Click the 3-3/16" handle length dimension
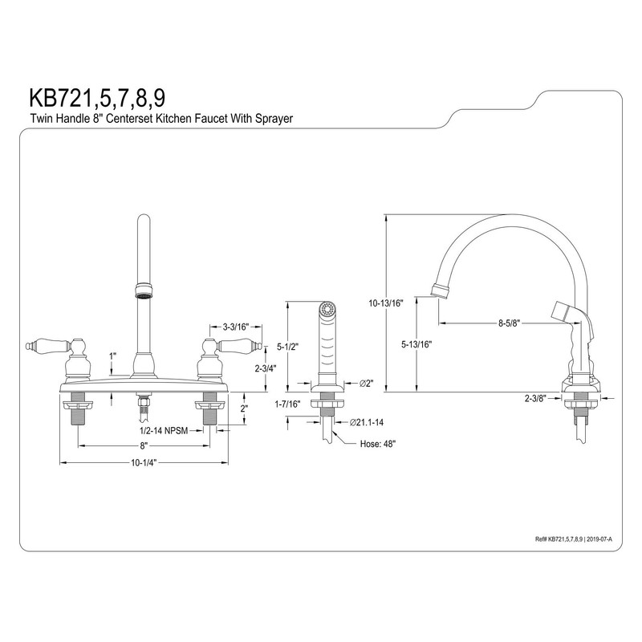[x=231, y=327]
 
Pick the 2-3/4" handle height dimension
[x=266, y=368]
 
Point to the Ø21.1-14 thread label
[x=366, y=421]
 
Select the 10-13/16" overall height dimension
[x=386, y=303]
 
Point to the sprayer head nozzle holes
[x=326, y=307]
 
